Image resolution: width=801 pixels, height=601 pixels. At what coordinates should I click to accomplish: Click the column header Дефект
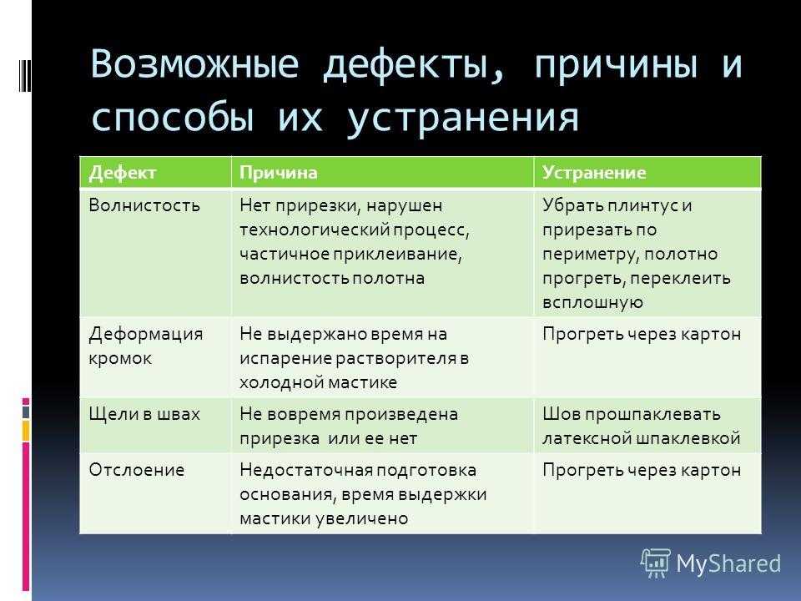(123, 173)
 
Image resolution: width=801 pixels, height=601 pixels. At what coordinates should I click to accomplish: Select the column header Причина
(279, 173)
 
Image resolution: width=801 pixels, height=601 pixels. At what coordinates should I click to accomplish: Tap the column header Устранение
(594, 173)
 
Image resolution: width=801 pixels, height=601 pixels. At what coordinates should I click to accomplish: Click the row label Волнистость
(144, 205)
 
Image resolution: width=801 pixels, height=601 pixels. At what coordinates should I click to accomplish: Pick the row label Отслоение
(136, 470)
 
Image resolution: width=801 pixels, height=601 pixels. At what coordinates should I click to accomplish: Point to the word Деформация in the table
(145, 334)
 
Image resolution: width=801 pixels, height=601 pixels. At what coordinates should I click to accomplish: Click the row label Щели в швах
(144, 414)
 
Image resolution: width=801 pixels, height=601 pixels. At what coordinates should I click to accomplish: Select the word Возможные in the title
(194, 64)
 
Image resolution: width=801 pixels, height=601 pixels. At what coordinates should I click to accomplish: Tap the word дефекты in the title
(414, 65)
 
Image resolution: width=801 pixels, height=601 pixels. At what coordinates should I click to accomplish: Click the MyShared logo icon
(656, 563)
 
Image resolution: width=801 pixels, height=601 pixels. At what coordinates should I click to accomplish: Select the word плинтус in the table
(642, 205)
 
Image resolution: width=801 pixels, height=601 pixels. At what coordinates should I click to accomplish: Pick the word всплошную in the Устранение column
(592, 302)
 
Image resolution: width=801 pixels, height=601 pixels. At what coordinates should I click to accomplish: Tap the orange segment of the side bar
(26, 431)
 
